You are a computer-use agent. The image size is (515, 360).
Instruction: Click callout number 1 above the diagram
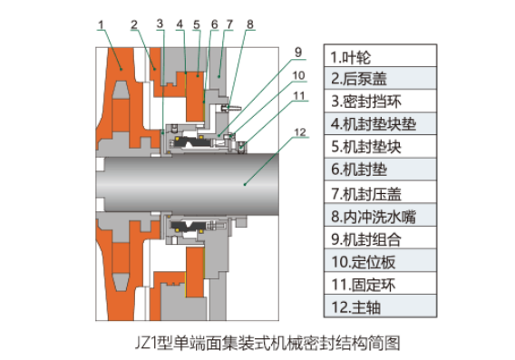101,24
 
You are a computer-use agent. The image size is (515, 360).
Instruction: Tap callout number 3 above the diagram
160,24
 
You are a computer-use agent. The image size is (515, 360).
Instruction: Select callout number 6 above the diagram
215,24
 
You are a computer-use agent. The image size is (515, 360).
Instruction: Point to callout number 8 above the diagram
250,24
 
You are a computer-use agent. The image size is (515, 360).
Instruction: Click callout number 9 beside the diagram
298,53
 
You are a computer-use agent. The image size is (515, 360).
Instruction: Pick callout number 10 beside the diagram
298,75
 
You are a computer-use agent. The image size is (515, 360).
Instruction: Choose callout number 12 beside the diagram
300,132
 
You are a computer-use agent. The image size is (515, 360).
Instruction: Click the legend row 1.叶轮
380,56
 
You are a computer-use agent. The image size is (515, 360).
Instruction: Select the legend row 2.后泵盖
380,78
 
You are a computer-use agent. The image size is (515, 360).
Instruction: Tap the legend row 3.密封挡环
380,101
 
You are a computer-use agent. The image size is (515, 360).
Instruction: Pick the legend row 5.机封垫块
380,146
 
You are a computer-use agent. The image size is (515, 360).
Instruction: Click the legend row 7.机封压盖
380,192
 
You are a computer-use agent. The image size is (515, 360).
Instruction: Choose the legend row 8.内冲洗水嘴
380,215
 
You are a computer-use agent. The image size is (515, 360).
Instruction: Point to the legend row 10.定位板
380,260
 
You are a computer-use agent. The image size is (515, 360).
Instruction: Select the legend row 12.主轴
380,306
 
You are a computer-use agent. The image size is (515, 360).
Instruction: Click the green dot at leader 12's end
245,185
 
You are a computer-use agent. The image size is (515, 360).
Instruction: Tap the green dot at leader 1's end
121,69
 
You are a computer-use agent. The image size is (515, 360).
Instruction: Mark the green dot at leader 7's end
219,76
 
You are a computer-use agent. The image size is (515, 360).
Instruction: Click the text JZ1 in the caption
146,343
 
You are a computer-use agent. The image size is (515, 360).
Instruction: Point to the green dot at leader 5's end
198,76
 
